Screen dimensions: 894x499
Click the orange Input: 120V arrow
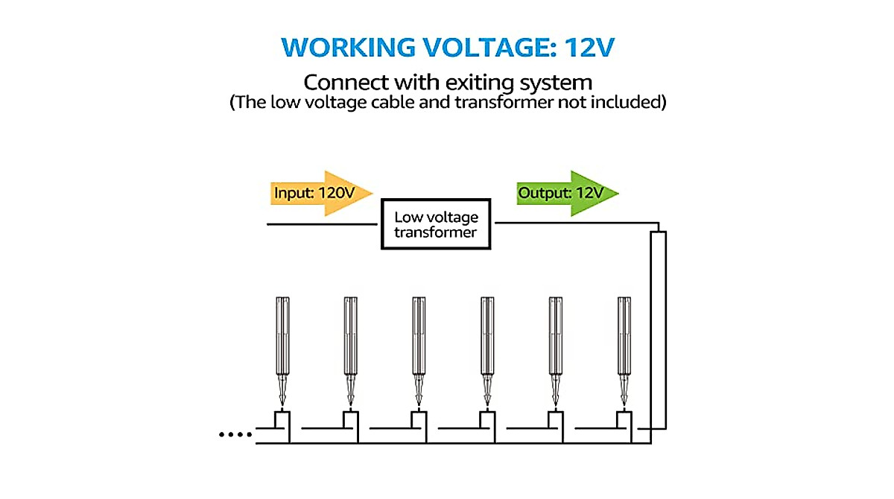(321, 194)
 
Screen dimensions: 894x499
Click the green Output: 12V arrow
(568, 194)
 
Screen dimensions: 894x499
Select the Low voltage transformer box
(436, 223)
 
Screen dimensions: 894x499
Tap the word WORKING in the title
(348, 48)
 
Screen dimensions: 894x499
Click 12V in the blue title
(589, 48)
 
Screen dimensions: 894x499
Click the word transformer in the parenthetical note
(504, 102)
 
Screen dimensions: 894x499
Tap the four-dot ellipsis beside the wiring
(235, 434)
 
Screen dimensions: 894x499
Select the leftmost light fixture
(282, 351)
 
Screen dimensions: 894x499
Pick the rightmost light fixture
(624, 351)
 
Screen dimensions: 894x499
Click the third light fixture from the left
(419, 351)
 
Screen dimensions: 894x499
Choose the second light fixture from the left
(350, 351)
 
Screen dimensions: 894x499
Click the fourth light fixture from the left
(487, 351)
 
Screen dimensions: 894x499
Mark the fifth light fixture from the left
(556, 351)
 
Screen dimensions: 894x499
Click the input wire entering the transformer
(322, 224)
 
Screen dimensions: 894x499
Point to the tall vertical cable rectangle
(658, 330)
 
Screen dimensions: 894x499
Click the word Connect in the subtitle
(346, 82)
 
